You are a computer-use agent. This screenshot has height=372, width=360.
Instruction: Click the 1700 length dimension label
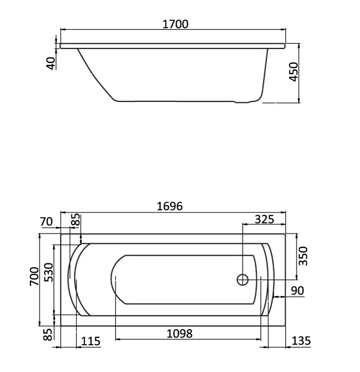175,24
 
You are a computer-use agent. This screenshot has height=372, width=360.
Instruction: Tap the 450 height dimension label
294,72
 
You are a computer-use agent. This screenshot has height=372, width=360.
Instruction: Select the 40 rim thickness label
50,63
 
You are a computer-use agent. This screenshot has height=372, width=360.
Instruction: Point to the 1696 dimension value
170,206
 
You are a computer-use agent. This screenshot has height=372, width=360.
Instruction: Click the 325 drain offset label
264,219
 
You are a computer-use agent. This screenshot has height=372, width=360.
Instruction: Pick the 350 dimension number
303,256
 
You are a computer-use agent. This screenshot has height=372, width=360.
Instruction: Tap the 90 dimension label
297,291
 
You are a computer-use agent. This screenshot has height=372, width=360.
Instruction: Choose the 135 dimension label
301,341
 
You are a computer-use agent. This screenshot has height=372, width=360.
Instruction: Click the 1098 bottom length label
179,333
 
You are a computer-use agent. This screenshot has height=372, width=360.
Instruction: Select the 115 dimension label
91,342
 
